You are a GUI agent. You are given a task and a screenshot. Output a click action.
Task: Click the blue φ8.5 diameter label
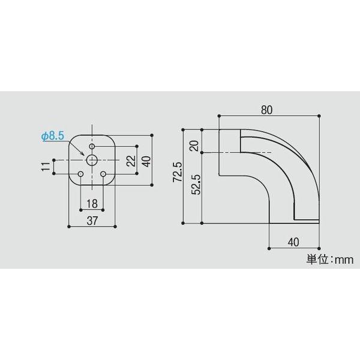pos(52,137)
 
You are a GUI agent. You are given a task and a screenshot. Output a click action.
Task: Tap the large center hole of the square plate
pos(92,160)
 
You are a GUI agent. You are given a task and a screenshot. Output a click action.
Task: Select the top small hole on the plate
pos(92,146)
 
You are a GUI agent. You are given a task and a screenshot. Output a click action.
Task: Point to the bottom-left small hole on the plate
pos(81,174)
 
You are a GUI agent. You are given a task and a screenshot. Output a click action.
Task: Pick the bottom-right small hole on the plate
pos(103,174)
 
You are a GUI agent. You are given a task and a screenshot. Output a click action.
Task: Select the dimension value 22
pos(130,160)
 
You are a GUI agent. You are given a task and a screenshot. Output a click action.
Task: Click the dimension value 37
pos(92,220)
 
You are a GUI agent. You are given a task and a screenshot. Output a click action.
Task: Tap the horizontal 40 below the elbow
pos(293,242)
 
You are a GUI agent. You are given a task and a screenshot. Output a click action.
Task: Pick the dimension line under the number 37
pos(92,227)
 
